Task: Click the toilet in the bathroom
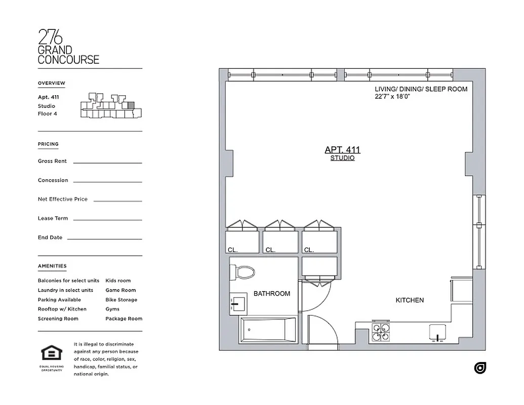click(246, 272)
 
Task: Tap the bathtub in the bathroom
click(269, 330)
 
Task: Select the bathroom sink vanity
click(238, 304)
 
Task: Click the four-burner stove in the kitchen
click(381, 333)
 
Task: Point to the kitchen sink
click(437, 332)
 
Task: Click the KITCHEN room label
click(410, 300)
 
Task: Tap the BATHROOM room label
click(272, 294)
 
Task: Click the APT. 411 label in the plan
click(342, 150)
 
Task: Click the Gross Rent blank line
click(107, 163)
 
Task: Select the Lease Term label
click(53, 218)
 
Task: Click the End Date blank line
click(104, 238)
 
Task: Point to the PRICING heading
click(48, 144)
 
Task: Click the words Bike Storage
click(121, 300)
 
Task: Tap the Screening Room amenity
click(58, 318)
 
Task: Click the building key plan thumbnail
click(109, 107)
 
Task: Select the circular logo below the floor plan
click(480, 368)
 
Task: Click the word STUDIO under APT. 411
click(342, 158)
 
